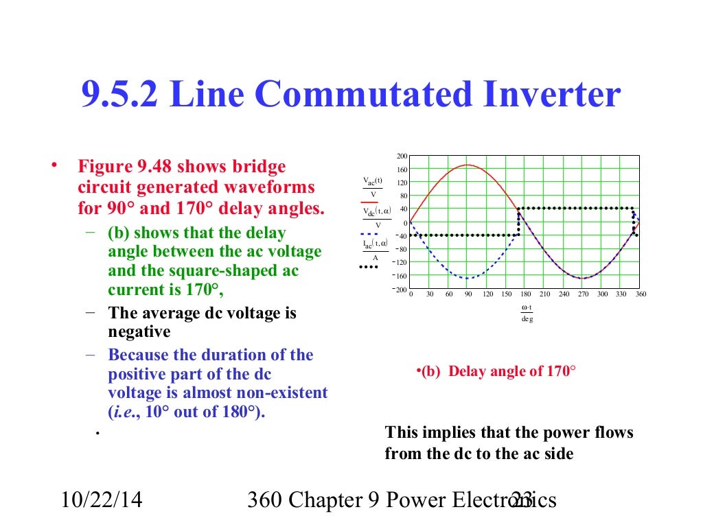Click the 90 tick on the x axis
469,294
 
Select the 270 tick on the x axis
583,294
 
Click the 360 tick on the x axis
641,294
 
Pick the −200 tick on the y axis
399,290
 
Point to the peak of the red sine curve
468,165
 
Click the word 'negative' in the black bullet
139,332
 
